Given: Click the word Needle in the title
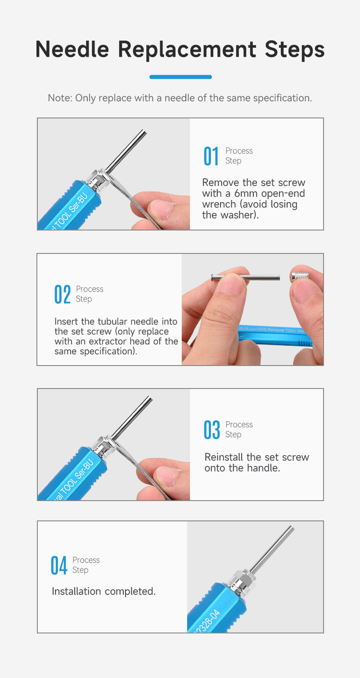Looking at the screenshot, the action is [72, 49].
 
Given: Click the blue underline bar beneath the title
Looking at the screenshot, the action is [180, 77].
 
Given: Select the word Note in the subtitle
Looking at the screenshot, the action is [60, 98].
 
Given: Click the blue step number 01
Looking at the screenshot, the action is [211, 156].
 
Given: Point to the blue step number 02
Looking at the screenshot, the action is [63, 294].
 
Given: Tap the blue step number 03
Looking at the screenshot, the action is [212, 429].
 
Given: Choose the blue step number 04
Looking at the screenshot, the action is [59, 565].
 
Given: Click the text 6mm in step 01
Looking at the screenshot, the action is [246, 194].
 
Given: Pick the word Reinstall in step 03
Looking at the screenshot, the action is [224, 457].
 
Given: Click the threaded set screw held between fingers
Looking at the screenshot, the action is [300, 276].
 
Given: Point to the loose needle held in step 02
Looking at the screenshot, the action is [245, 277].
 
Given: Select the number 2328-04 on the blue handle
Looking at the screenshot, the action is [207, 622].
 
